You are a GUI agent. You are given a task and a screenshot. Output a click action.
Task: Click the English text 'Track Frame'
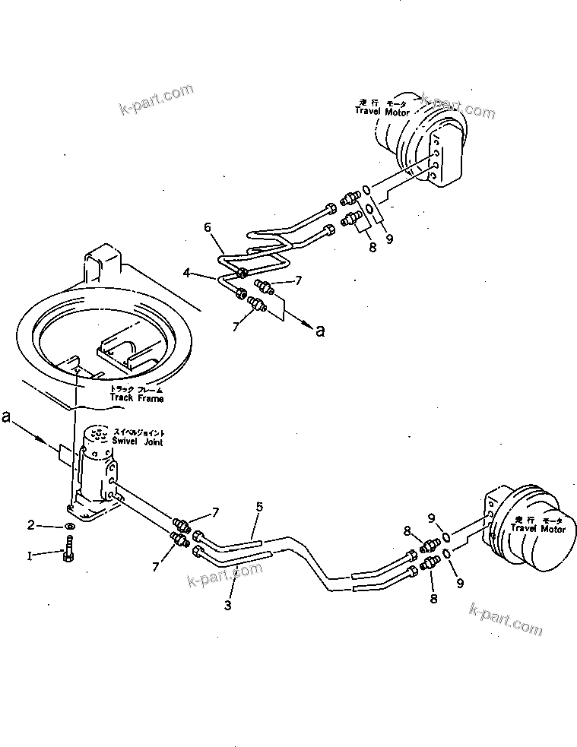[137, 397]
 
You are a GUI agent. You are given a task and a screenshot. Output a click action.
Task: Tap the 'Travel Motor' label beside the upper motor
[382, 111]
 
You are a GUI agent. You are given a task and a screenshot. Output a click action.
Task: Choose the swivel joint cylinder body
[95, 464]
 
